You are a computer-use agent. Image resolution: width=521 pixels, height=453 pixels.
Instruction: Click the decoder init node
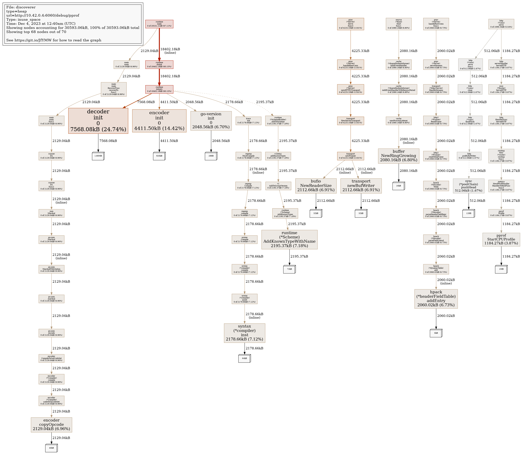point(98,121)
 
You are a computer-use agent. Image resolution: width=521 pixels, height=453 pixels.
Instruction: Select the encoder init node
point(159,121)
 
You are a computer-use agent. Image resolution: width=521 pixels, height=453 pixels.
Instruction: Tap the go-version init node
point(211,121)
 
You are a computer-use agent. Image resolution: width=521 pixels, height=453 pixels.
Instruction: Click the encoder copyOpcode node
point(51,424)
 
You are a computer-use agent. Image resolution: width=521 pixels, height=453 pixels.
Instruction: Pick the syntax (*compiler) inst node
point(245,333)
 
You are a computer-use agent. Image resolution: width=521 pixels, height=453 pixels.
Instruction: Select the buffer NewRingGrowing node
point(398,156)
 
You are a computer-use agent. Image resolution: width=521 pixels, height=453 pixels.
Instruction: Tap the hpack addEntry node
point(436,299)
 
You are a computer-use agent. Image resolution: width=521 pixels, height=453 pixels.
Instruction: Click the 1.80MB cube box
point(98,156)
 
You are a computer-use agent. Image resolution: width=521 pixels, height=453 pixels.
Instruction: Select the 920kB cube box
point(159,156)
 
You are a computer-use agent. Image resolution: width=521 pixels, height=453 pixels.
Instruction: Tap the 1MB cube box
point(501,269)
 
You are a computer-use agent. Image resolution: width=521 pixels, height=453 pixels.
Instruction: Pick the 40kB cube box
point(51,448)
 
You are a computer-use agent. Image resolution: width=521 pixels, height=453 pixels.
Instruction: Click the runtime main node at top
point(159,24)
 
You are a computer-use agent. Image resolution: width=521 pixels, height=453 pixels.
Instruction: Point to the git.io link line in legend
point(54,40)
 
